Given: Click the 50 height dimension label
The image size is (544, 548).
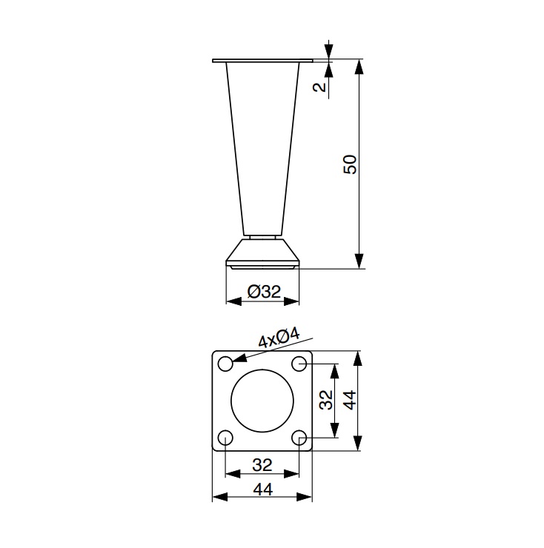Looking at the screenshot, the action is pyautogui.click(x=350, y=164).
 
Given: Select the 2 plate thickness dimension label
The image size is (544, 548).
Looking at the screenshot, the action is pyautogui.click(x=319, y=87).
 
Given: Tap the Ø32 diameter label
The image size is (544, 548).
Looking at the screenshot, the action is pyautogui.click(x=264, y=292).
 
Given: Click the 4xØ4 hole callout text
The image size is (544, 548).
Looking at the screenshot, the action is pyautogui.click(x=279, y=338).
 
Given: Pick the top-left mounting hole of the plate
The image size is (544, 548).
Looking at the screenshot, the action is pyautogui.click(x=225, y=364).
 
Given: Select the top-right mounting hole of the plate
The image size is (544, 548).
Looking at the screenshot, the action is pyautogui.click(x=299, y=364).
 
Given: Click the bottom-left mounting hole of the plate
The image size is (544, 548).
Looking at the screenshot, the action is pyautogui.click(x=225, y=438).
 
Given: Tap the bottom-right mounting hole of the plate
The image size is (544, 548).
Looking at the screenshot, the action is pyautogui.click(x=299, y=438).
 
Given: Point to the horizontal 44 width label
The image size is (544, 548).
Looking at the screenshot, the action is pyautogui.click(x=262, y=489).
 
